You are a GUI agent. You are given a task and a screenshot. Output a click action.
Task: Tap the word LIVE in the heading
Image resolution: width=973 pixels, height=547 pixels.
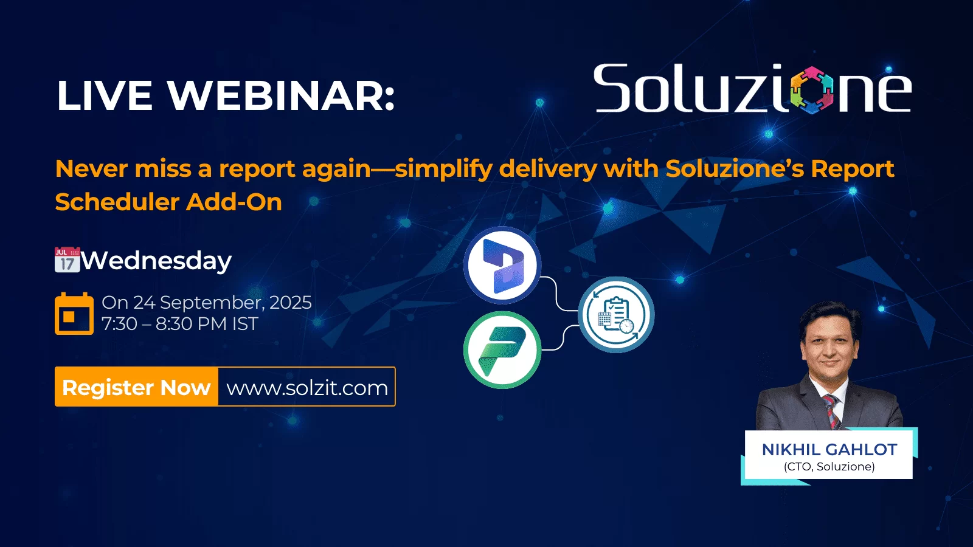pyautogui.click(x=104, y=95)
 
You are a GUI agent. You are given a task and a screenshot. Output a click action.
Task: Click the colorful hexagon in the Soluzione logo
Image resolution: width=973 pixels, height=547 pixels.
pyautogui.click(x=812, y=91)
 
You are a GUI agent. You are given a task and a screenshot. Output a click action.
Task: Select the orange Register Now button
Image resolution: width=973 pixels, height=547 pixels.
pyautogui.click(x=136, y=387)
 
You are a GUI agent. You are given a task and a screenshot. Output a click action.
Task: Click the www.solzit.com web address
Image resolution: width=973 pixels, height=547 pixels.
pyautogui.click(x=307, y=388)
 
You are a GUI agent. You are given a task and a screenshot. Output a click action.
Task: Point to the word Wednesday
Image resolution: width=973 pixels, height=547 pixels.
pyautogui.click(x=156, y=261)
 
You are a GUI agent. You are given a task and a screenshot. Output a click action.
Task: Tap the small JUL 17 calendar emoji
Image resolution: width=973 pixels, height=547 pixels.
pyautogui.click(x=68, y=260)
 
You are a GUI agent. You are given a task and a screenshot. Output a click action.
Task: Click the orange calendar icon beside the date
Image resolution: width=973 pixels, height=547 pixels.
pyautogui.click(x=74, y=314)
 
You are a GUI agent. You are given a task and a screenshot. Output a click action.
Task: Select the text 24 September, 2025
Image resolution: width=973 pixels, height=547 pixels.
pyautogui.click(x=223, y=303)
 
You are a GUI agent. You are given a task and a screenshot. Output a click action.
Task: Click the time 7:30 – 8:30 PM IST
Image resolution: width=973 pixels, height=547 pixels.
pyautogui.click(x=180, y=324)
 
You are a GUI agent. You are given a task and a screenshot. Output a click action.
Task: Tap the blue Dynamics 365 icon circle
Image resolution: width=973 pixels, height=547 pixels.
pyautogui.click(x=502, y=265)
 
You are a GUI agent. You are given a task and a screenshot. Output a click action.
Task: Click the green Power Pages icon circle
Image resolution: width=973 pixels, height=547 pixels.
pyautogui.click(x=502, y=350)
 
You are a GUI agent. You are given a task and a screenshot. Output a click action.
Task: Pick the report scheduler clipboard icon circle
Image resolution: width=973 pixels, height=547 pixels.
pyautogui.click(x=617, y=315)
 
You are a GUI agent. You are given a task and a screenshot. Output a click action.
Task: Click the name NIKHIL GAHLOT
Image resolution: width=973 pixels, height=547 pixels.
pyautogui.click(x=829, y=450)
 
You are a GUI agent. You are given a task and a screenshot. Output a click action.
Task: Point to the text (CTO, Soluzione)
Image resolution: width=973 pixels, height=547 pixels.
pyautogui.click(x=829, y=467)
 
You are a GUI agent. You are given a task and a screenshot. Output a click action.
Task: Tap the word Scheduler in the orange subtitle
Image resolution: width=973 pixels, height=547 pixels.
pyautogui.click(x=117, y=202)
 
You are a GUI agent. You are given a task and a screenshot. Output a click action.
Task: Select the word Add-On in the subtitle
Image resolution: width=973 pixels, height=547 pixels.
pyautogui.click(x=234, y=202)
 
